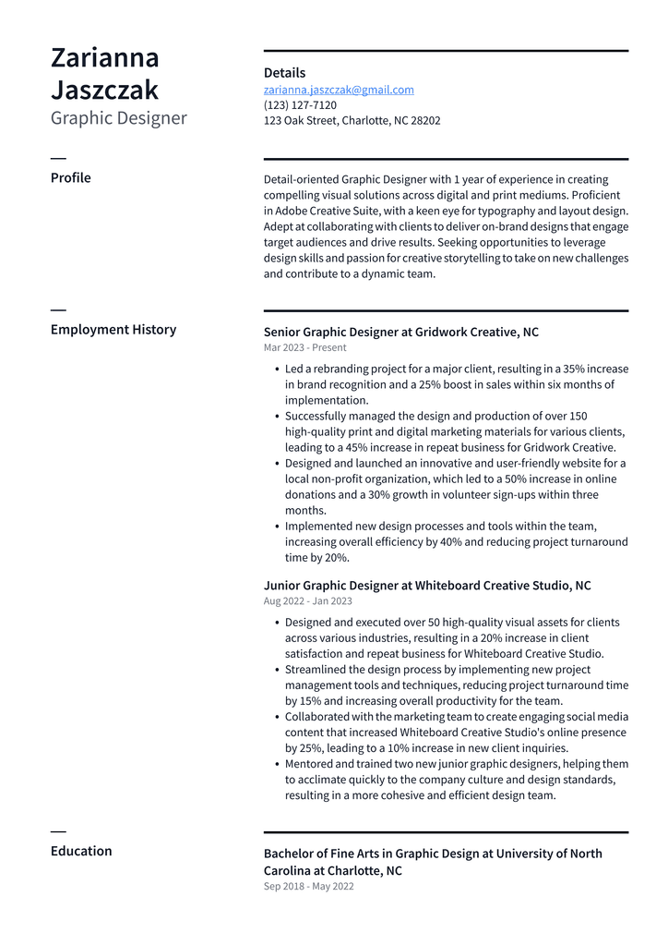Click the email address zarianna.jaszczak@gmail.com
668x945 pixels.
pyautogui.click(x=339, y=90)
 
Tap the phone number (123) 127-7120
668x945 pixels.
pyautogui.click(x=300, y=105)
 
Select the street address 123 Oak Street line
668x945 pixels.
pyautogui.click(x=352, y=120)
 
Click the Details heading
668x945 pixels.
pyautogui.click(x=284, y=73)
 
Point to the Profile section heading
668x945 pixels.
pyautogui.click(x=70, y=177)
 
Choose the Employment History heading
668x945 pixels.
pyautogui.click(x=113, y=329)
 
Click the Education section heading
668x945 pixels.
pyautogui.click(x=80, y=851)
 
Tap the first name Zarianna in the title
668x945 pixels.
pyautogui.click(x=104, y=57)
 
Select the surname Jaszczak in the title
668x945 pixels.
pyautogui.click(x=104, y=90)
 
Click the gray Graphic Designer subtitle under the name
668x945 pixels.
pyautogui.click(x=118, y=118)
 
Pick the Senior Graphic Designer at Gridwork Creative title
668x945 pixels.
pyautogui.click(x=400, y=332)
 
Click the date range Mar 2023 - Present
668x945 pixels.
pyautogui.click(x=304, y=347)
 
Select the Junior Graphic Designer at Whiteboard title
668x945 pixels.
pyautogui.click(x=426, y=586)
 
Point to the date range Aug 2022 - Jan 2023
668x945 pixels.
pyautogui.click(x=307, y=601)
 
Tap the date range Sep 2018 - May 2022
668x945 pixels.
pyautogui.click(x=308, y=886)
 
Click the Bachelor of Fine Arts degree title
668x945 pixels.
pyautogui.click(x=433, y=862)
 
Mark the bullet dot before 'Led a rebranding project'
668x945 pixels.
pyautogui.click(x=277, y=370)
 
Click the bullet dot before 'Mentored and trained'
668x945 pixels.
pyautogui.click(x=277, y=765)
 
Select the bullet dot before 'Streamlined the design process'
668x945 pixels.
pyautogui.click(x=277, y=670)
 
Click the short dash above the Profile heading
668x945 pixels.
pyautogui.click(x=58, y=159)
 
